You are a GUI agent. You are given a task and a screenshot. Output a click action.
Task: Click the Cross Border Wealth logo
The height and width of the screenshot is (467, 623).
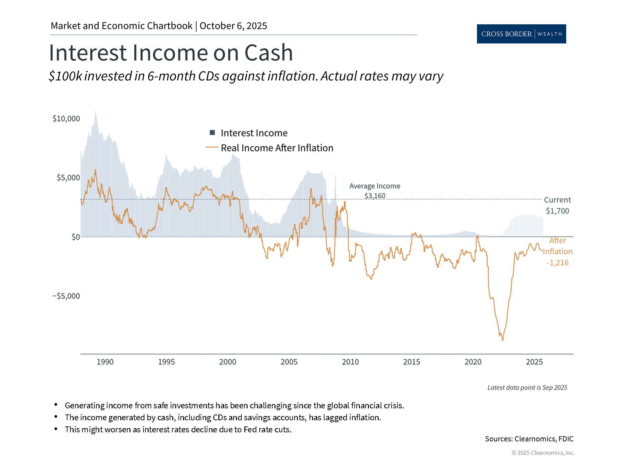(x=521, y=34)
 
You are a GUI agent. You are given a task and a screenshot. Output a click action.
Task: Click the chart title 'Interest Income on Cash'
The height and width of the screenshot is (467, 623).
(x=171, y=53)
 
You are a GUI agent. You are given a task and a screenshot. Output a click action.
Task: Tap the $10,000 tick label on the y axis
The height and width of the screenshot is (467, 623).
(x=66, y=119)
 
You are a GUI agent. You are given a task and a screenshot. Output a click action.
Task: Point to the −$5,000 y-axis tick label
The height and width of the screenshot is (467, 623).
(x=66, y=296)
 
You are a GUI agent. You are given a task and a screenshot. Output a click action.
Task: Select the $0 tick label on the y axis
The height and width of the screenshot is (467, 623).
(x=76, y=237)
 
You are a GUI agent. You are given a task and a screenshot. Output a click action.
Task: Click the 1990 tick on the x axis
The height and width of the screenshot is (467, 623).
(x=105, y=362)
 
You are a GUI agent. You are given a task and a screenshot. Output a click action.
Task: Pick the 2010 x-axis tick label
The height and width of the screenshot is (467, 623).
(x=350, y=362)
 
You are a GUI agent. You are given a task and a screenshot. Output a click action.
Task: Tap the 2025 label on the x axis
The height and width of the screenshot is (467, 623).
(x=534, y=362)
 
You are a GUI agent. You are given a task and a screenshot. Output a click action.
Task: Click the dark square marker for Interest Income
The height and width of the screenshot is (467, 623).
(x=213, y=133)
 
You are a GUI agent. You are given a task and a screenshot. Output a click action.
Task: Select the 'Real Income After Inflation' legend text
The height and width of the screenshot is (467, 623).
(x=277, y=148)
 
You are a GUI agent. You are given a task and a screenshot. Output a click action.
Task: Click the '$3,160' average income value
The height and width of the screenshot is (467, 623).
(x=375, y=196)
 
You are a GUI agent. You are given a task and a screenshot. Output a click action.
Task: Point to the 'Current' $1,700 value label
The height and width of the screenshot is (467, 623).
(x=557, y=211)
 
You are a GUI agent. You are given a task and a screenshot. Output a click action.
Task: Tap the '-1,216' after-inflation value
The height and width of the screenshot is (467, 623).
(x=557, y=263)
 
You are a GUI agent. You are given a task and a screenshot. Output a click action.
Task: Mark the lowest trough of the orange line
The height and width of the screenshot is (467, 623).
(x=503, y=341)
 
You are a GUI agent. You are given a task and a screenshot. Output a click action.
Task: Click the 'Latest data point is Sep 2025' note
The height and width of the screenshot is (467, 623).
(x=527, y=388)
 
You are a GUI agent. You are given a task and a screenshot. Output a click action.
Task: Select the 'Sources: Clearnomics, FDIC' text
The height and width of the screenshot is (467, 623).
(x=529, y=439)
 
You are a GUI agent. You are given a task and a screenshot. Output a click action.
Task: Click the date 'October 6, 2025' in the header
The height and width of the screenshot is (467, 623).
(x=233, y=26)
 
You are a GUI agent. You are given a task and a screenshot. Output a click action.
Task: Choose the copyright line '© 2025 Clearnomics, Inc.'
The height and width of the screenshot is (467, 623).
(x=543, y=453)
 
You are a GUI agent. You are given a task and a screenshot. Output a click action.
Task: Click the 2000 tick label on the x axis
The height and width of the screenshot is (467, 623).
(x=228, y=362)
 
